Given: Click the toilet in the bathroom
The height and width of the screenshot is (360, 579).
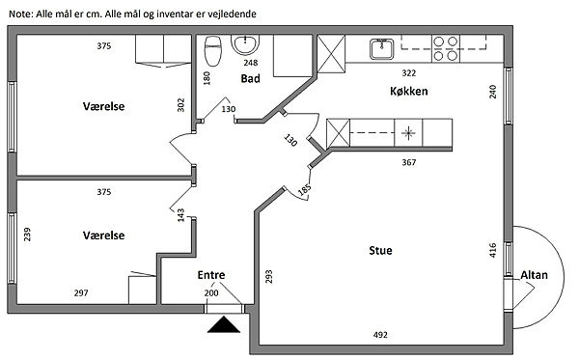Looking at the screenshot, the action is tap(212, 50).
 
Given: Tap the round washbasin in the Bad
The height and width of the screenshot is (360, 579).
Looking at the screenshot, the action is tap(245, 44).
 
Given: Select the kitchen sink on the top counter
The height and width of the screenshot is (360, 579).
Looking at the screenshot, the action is tap(382, 48).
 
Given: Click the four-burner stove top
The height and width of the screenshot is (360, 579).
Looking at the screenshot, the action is tap(445, 48).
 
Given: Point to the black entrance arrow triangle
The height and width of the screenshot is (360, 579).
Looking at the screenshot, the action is tap(224, 324).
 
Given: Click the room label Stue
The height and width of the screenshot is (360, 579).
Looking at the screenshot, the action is tap(380, 250).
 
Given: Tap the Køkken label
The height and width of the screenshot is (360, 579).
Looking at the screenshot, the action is tap(409, 91).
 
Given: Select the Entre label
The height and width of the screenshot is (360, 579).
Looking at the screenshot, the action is tap(210, 275).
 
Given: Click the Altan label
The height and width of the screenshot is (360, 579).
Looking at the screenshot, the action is tap(534, 275).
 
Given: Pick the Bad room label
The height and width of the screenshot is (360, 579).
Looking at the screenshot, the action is tap(250, 78).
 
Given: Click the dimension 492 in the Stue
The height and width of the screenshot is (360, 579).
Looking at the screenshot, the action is tap(380, 335).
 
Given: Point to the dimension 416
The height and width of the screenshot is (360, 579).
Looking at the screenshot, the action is tap(492, 250).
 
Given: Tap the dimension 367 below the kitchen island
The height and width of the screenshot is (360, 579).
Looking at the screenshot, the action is tap(409, 162).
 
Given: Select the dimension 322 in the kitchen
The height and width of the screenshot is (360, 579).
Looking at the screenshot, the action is tap(409, 73).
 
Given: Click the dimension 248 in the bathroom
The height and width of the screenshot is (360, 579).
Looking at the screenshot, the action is tap(250, 63).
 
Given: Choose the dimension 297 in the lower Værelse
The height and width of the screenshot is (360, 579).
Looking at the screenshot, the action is tap(81, 292).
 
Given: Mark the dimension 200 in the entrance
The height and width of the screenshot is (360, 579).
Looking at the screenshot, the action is tap(211, 292).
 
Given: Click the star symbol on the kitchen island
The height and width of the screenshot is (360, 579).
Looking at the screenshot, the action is tap(408, 133).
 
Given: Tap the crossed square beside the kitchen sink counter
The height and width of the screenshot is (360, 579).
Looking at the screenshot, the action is tap(331, 54).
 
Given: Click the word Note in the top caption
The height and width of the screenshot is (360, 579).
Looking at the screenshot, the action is tap(20, 14).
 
